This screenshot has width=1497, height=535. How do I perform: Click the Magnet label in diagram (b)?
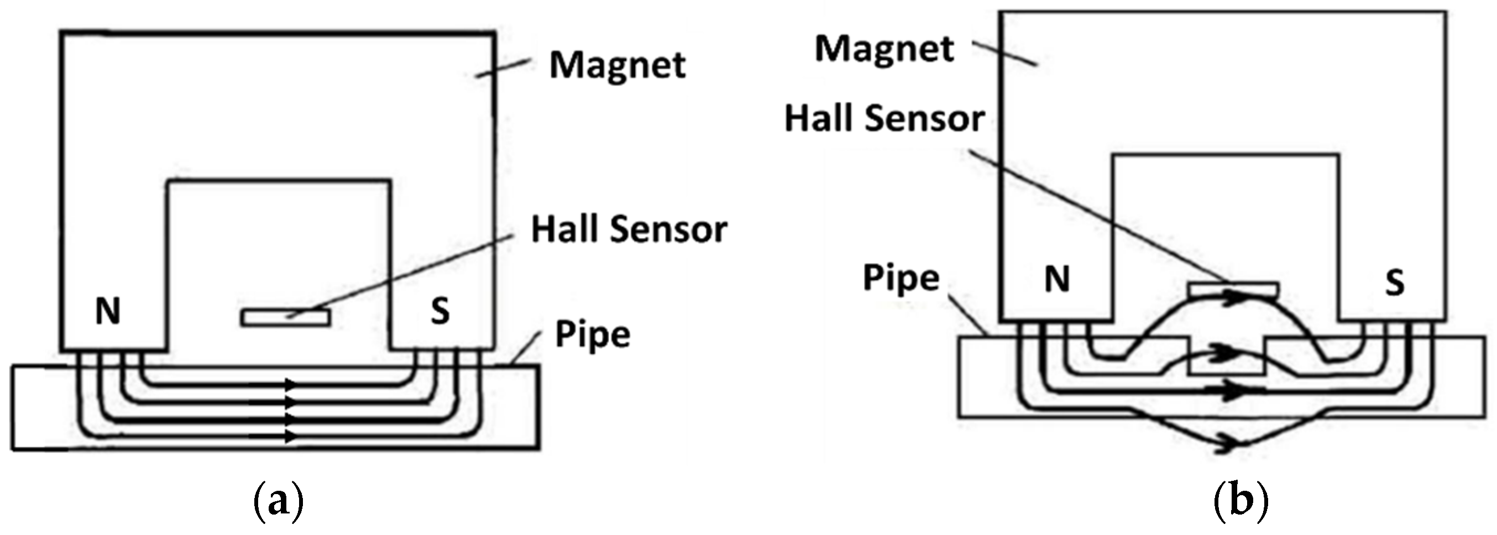[x=884, y=49]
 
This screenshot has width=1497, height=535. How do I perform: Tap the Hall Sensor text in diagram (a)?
[x=629, y=230]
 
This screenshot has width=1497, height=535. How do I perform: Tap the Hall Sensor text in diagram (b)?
[x=884, y=119]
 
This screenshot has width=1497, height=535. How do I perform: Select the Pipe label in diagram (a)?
[x=592, y=335]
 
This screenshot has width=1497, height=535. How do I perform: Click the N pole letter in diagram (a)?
[x=107, y=312]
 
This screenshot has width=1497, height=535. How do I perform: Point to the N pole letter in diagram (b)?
[x=1057, y=280]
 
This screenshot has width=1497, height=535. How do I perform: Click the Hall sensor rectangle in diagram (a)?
[x=286, y=318]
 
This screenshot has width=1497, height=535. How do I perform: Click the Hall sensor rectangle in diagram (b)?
[x=1233, y=289]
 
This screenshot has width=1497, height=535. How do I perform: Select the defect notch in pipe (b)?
[x=1227, y=363]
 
